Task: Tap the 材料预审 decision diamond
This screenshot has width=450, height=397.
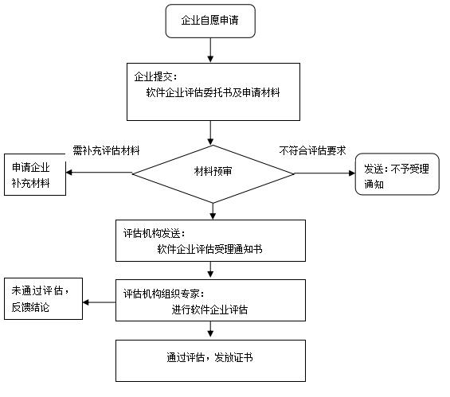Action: (213, 170)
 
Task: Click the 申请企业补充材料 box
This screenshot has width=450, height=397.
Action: (34, 175)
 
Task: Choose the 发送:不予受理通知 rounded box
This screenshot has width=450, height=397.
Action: (397, 175)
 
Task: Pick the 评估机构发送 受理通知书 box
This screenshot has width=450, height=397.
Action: (211, 240)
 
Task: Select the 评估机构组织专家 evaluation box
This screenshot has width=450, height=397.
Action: (211, 300)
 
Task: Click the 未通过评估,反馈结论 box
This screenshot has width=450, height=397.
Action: (43, 298)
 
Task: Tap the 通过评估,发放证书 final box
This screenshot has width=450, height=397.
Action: (211, 360)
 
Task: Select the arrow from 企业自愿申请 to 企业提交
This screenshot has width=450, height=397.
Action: (211, 50)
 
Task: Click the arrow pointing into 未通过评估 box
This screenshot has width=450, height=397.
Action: (100, 302)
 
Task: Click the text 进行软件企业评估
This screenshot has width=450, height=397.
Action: (209, 309)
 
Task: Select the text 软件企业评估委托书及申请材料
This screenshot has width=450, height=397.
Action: (213, 92)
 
